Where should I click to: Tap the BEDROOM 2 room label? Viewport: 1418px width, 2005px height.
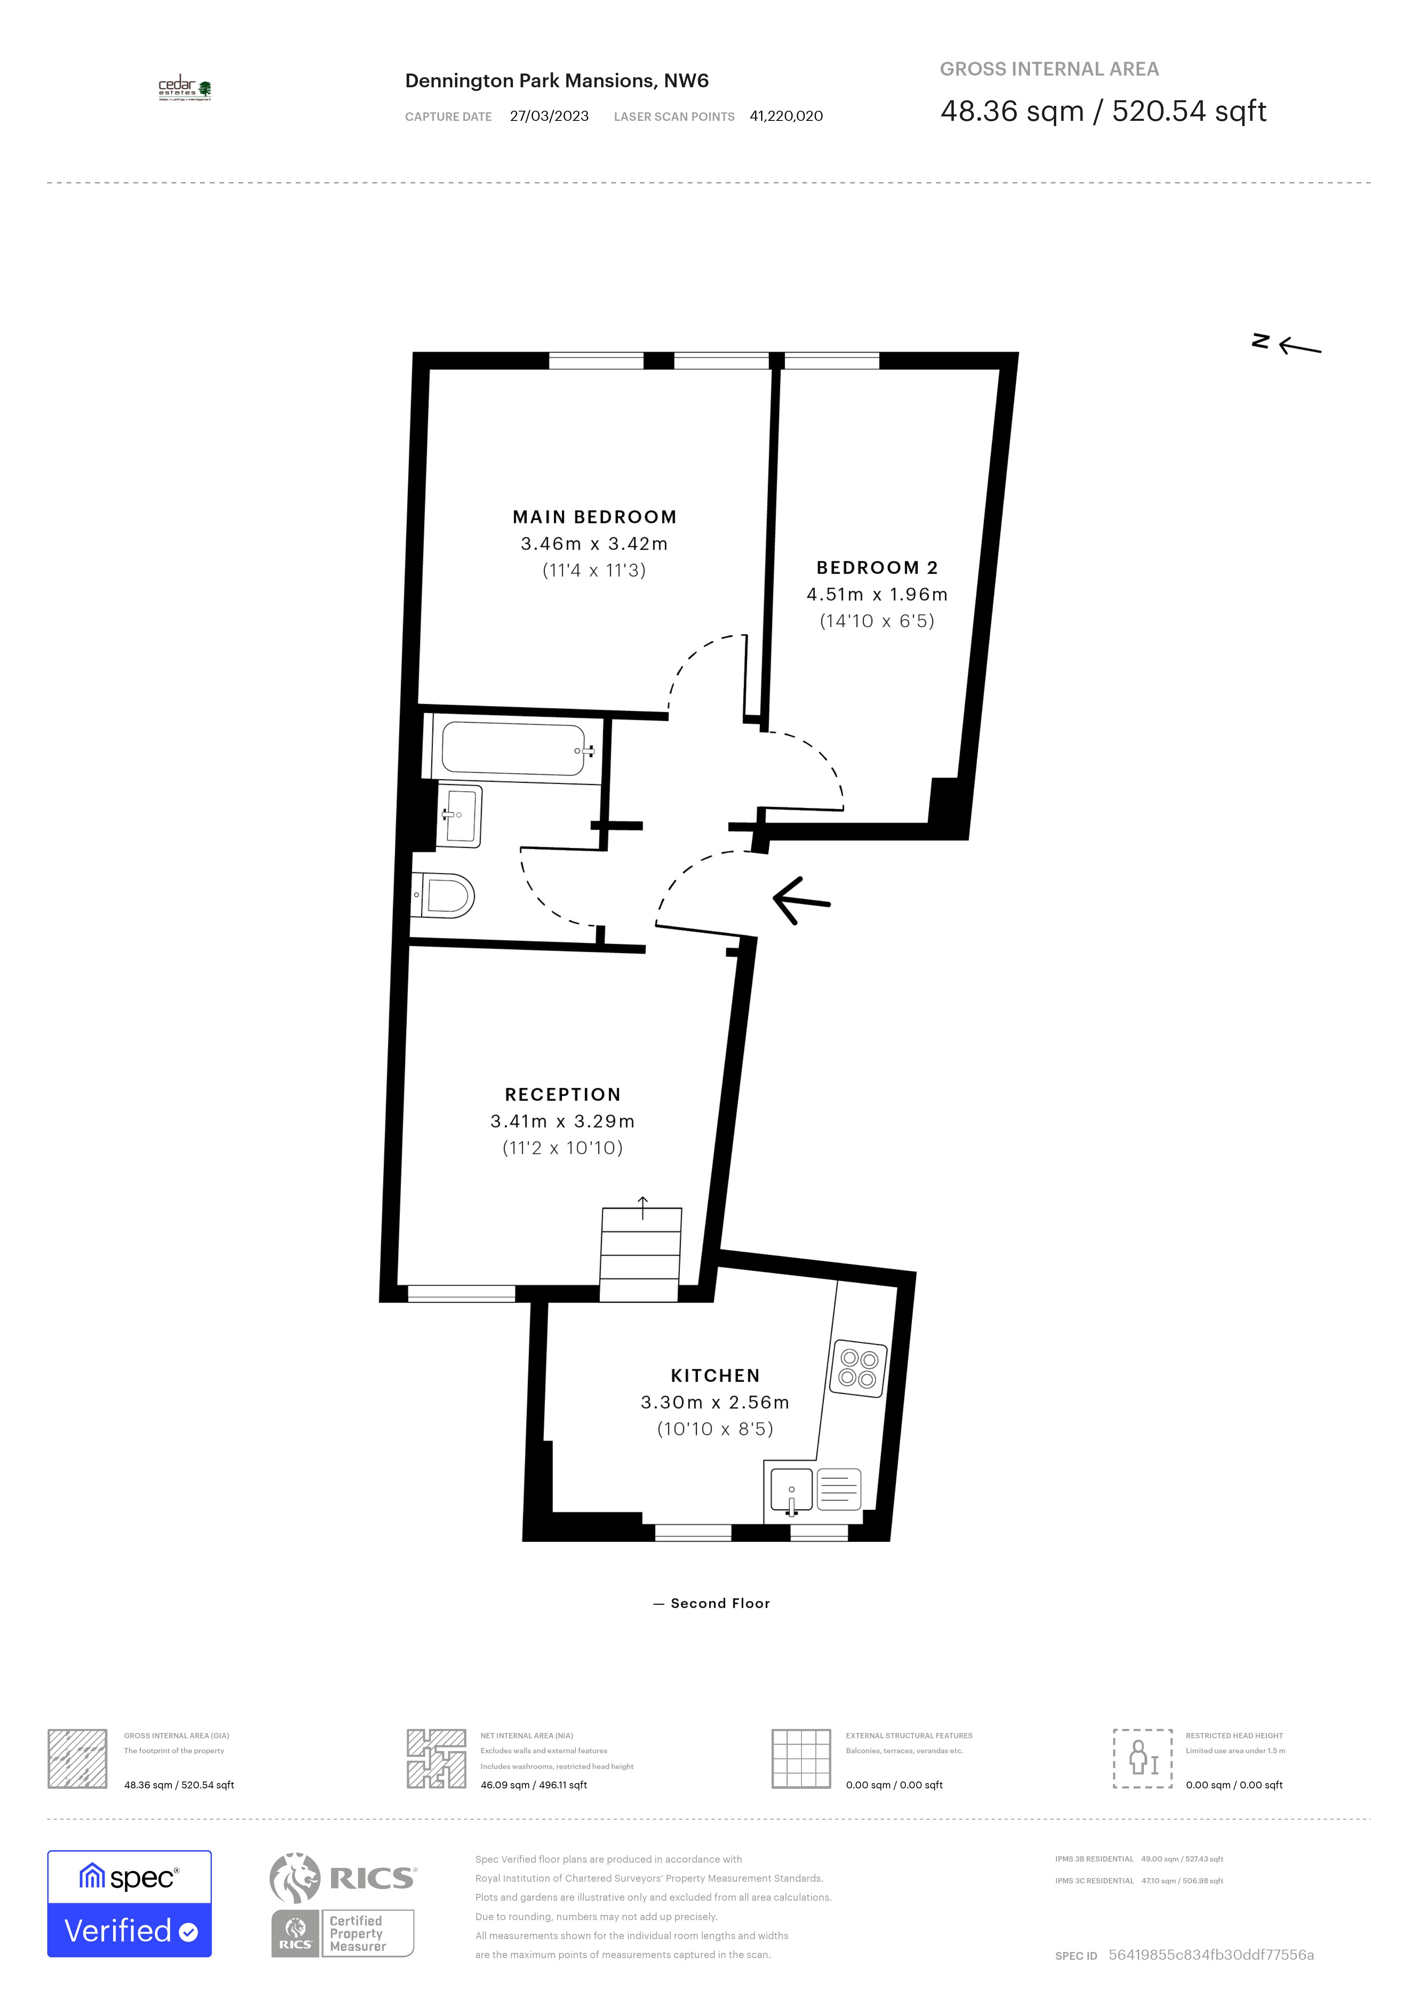877,567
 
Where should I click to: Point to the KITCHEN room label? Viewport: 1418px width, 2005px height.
715,1375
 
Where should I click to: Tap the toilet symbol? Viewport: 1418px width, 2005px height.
445,895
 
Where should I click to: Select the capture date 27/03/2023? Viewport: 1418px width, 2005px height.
549,116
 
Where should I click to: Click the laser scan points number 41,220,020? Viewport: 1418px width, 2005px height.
786,116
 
